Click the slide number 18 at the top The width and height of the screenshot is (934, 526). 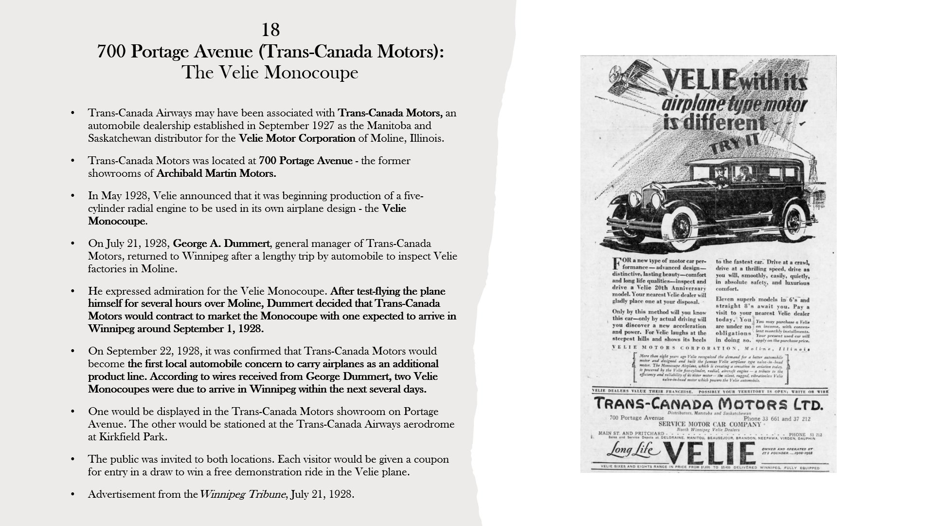point(270,30)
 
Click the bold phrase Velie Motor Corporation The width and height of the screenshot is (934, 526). point(297,138)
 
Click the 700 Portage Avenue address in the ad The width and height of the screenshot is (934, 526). point(636,418)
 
